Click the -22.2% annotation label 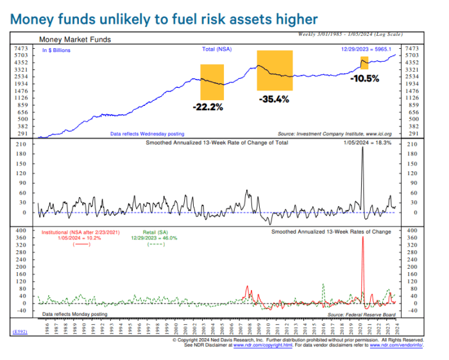208,107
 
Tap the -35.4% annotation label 275,99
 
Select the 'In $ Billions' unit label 56,49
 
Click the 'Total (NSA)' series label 217,49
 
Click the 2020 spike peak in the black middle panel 363,148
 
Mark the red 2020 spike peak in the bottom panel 363,237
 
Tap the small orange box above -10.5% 364,63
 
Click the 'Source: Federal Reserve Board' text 361,315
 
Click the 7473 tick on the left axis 21,49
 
